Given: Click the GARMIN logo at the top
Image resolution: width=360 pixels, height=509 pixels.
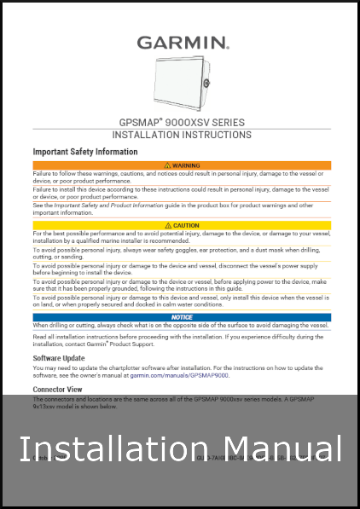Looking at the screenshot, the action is point(183,42).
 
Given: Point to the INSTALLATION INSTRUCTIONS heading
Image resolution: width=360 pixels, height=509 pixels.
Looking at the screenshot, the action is point(182,135).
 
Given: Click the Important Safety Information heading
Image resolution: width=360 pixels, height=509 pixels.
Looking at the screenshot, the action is point(84,152).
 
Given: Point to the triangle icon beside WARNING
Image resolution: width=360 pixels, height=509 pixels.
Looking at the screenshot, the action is point(165,165).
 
